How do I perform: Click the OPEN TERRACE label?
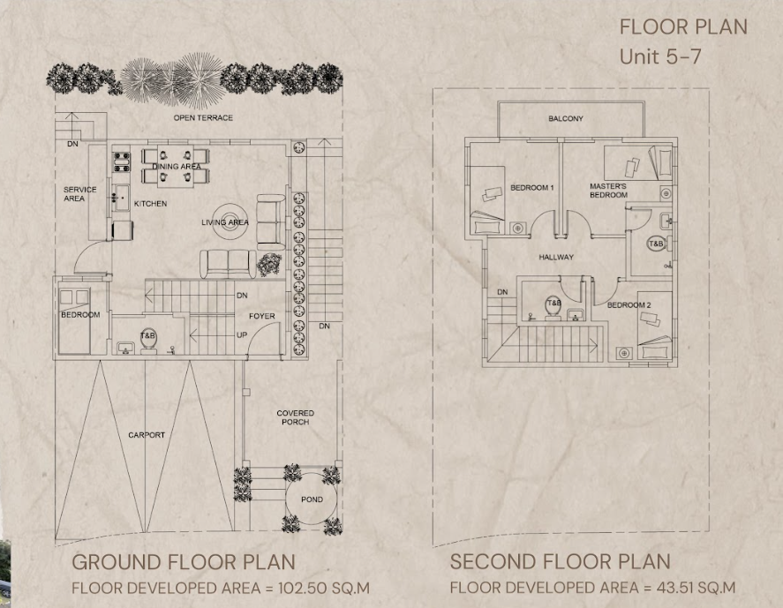(203, 118)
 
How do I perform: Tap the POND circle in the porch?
(286, 499)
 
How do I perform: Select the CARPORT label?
(147, 435)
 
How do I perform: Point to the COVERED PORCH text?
(295, 417)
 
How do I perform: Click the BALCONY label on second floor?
(565, 119)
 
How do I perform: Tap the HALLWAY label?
(556, 257)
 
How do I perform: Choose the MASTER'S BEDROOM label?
(608, 191)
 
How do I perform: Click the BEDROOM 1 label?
(531, 188)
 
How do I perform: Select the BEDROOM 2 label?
(629, 305)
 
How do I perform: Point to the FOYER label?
(261, 316)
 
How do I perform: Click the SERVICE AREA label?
(79, 193)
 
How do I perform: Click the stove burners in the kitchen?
(122, 162)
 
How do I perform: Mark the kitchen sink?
(120, 198)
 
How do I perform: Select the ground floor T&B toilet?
(148, 340)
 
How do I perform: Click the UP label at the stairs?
(242, 335)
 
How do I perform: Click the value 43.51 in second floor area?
(671, 588)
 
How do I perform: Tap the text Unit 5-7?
(660, 56)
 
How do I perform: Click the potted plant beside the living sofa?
(269, 265)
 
